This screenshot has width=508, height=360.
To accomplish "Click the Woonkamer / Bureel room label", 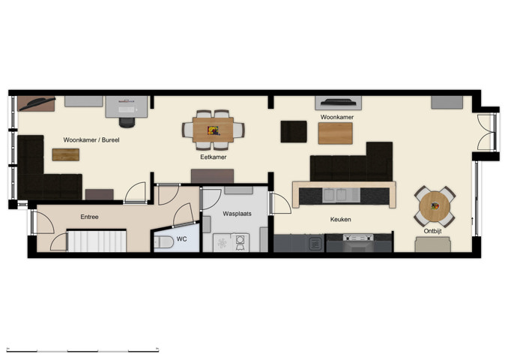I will (91, 139).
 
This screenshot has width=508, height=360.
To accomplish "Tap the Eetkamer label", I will (213, 157).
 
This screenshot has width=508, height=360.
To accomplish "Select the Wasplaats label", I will (238, 214).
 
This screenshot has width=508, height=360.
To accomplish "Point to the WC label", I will (181, 240).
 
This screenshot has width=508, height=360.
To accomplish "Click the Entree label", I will (90, 217).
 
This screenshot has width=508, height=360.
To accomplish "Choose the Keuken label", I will (341, 220).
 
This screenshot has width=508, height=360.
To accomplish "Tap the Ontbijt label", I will (433, 232).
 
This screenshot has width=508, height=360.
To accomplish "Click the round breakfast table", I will (435, 205).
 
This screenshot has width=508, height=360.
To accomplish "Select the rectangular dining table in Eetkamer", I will (214, 129).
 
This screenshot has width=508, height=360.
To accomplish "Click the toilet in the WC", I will (164, 241).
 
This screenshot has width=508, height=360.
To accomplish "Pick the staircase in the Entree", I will (97, 241).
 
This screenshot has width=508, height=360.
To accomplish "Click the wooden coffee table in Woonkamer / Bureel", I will (65, 154).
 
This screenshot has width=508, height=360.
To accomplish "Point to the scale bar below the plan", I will (82, 349).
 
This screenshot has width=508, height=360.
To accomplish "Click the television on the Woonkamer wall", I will (338, 103).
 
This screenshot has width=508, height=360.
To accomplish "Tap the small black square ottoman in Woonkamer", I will (293, 131).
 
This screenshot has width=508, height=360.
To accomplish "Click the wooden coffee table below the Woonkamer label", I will (335, 133).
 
